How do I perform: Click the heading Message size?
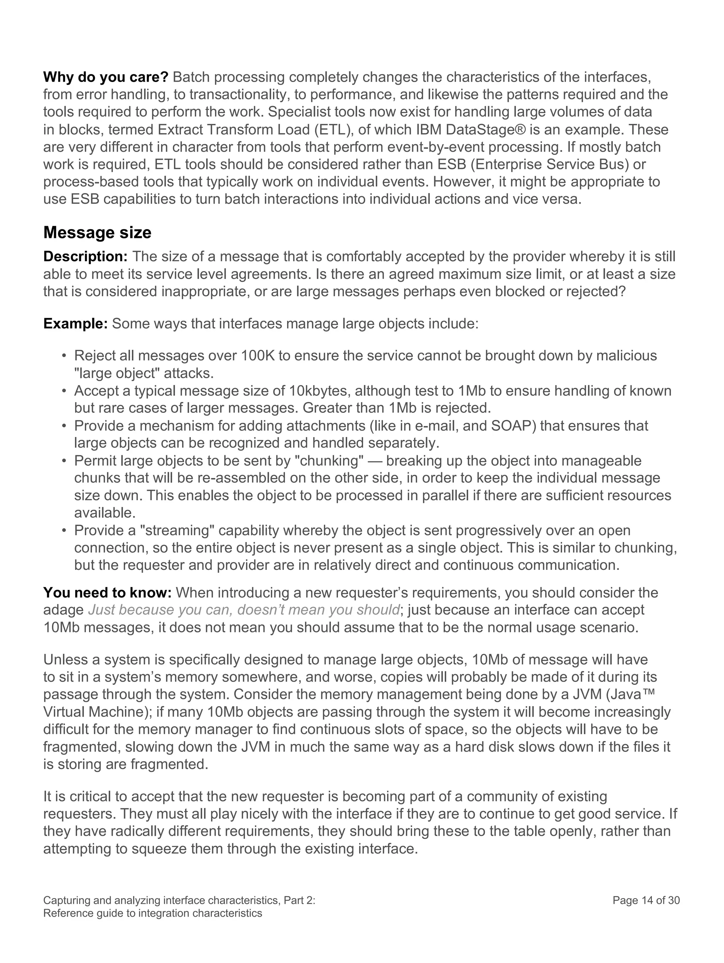[x=97, y=233]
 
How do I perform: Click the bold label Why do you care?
[x=105, y=77]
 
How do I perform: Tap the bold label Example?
[x=75, y=323]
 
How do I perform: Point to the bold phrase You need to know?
[x=107, y=593]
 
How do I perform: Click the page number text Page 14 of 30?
[x=646, y=901]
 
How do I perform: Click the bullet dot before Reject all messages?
[x=64, y=356]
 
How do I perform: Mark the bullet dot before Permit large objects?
[x=64, y=461]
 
